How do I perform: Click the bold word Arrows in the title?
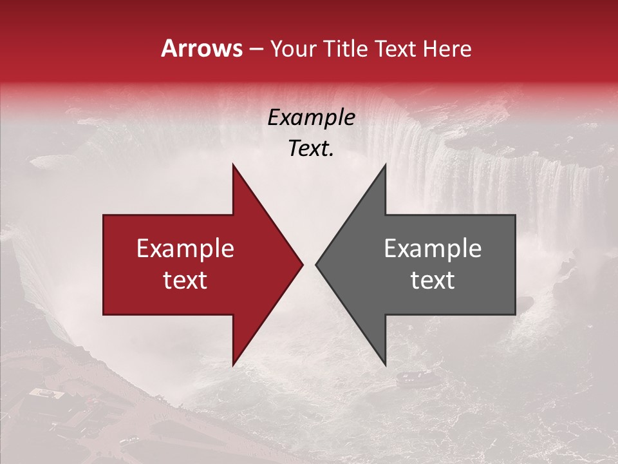coord(201,48)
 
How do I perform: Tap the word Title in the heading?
coord(345,48)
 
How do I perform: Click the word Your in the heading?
coord(294,48)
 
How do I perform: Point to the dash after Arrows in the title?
coord(256,49)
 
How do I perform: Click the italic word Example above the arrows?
coord(311,118)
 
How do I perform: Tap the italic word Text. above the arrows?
coord(311,148)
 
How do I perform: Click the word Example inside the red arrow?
coord(185,249)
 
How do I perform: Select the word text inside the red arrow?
coord(185,280)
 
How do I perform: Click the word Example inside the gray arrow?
coord(433,249)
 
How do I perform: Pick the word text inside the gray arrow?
coord(433,280)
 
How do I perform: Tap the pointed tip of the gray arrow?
coord(317,264)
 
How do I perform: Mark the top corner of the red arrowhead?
coord(233,166)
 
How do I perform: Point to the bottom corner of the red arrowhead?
coord(233,364)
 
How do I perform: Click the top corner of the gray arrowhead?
coord(385,166)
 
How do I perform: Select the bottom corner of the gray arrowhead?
coord(385,364)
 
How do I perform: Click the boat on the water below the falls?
coord(407,379)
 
